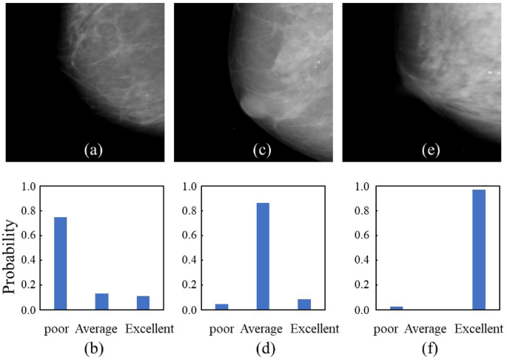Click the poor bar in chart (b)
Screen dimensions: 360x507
(x=60, y=264)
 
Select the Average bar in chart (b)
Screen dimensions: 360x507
(x=101, y=301)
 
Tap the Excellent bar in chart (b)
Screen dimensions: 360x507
(x=143, y=303)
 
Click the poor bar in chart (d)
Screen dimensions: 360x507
(x=222, y=307)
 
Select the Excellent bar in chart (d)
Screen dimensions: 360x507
(x=304, y=304)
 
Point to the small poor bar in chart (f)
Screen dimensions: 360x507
(x=396, y=307)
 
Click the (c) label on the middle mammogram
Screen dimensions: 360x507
(x=261, y=150)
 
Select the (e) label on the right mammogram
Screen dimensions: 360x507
(x=429, y=150)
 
